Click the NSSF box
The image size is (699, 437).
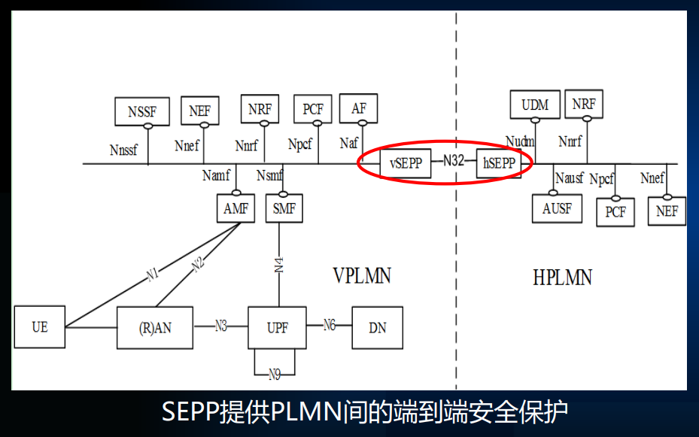[x=141, y=111]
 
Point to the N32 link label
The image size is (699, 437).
[x=453, y=161]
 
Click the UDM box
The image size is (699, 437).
[x=535, y=105]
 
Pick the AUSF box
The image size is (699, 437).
[x=557, y=208]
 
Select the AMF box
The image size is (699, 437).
[x=236, y=209]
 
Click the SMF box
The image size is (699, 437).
[x=284, y=209]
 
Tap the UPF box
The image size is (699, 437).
[x=277, y=327]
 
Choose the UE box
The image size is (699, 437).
[x=39, y=327]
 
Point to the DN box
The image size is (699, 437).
[x=378, y=327]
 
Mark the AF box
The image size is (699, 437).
[x=359, y=108]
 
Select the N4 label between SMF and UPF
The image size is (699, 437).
[x=279, y=264]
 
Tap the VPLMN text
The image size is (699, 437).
[x=362, y=276]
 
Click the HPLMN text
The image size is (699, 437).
[x=562, y=278]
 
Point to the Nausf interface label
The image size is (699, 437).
[x=570, y=179]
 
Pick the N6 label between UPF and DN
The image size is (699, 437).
[x=330, y=326]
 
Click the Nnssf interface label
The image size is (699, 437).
[x=123, y=150]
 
